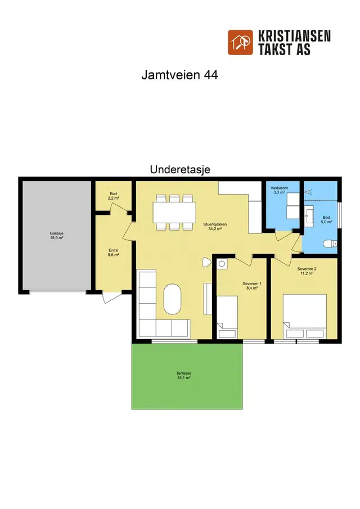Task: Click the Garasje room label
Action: (x=56, y=233)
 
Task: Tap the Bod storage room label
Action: (x=113, y=194)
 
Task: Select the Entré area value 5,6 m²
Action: (x=113, y=255)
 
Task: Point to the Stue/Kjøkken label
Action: (x=215, y=224)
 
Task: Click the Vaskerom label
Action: (x=279, y=188)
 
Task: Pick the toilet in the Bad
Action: (x=330, y=244)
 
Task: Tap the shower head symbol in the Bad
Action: (x=308, y=192)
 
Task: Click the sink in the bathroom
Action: (x=309, y=215)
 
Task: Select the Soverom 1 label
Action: (x=252, y=283)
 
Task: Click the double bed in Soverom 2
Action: (x=304, y=317)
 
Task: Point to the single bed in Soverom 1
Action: (x=227, y=317)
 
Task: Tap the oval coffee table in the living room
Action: (x=172, y=299)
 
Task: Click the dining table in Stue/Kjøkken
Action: (x=174, y=213)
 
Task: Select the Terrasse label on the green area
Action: (x=184, y=373)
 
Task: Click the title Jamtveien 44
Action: (x=179, y=75)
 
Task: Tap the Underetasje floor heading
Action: (x=180, y=169)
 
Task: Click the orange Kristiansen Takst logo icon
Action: (x=240, y=43)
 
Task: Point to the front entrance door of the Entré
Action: (x=112, y=298)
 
